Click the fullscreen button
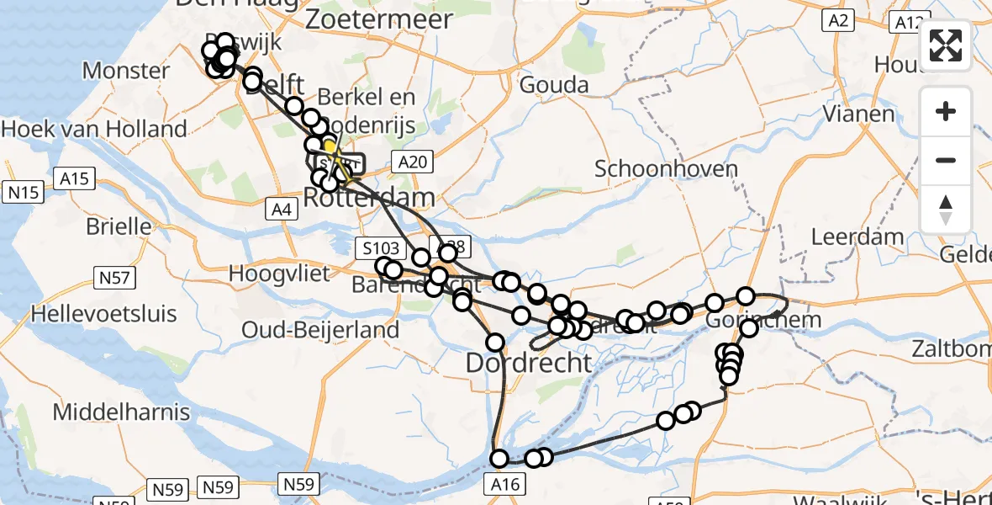(x=946, y=45)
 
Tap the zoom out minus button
(x=946, y=160)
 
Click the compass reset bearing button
(x=946, y=210)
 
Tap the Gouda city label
(x=553, y=84)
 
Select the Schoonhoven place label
(x=666, y=168)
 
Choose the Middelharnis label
(x=121, y=412)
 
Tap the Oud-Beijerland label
(x=320, y=330)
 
